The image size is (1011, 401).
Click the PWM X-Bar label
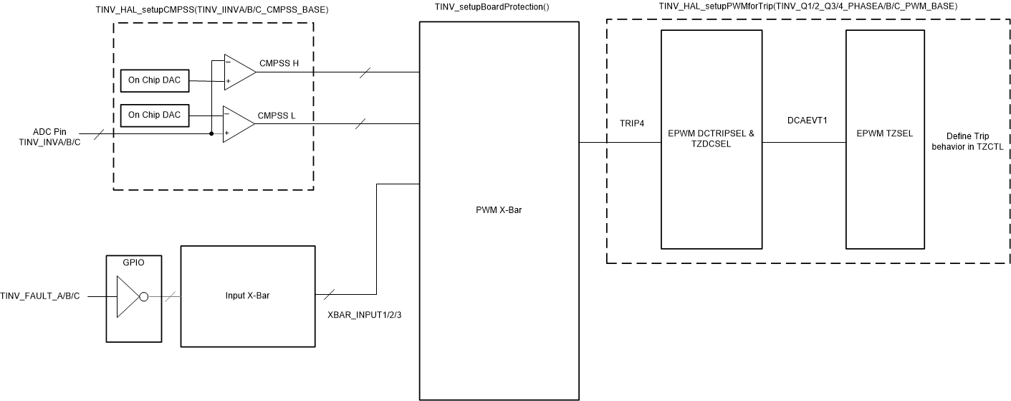click(x=499, y=209)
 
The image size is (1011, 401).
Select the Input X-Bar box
click(x=248, y=295)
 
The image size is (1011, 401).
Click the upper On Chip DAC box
click(x=155, y=82)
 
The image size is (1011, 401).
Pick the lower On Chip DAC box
click(x=155, y=115)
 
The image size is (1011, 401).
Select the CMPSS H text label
click(x=279, y=63)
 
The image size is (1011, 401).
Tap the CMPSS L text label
click(x=278, y=115)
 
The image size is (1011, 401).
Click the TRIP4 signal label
click(x=632, y=123)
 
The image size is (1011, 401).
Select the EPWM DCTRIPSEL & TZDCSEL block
click(x=711, y=138)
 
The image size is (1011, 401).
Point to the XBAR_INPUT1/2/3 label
click(x=363, y=315)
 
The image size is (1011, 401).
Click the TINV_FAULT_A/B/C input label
click(x=40, y=296)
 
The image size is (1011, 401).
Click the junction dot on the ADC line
click(x=211, y=133)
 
